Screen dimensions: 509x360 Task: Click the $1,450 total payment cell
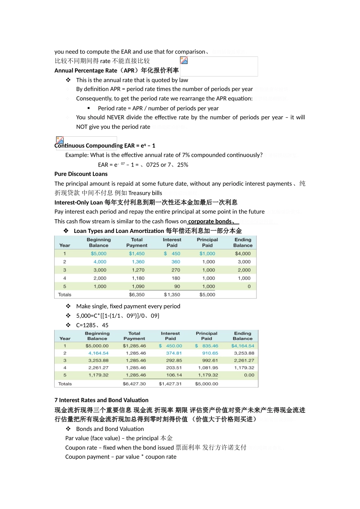(136, 254)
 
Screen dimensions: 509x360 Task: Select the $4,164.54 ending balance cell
(243, 346)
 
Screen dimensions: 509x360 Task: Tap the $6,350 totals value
(136, 295)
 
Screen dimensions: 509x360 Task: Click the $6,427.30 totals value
(134, 384)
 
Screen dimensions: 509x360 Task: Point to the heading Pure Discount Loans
(81, 174)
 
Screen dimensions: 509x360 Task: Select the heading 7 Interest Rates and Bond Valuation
(101, 400)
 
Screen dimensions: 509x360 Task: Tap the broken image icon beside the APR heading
(184, 60)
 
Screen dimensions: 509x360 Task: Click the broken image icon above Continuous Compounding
(60, 140)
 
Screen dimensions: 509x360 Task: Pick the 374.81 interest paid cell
(174, 353)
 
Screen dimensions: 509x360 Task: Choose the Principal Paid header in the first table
(207, 242)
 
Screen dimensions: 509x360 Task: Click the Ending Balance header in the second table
(243, 336)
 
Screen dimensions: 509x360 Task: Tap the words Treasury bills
(145, 193)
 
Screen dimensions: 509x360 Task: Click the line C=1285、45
(92, 325)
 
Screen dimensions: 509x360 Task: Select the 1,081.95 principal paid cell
(208, 368)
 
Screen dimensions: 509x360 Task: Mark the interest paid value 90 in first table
(177, 287)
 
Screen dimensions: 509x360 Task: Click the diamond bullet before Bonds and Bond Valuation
(68, 429)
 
